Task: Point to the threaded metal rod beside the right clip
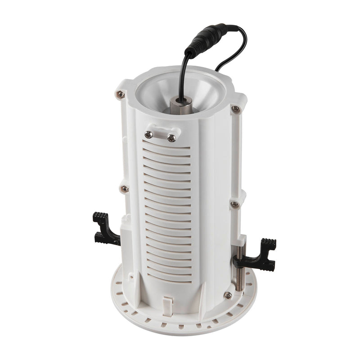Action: coord(239,265)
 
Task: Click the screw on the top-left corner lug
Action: coord(120,94)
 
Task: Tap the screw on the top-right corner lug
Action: coord(235,109)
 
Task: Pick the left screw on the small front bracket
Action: coord(149,134)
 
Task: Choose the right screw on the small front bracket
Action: coord(171,138)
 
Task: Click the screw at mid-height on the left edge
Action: coord(124,189)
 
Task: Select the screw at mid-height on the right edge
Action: coord(234,205)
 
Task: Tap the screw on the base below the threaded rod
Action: coord(228,295)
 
